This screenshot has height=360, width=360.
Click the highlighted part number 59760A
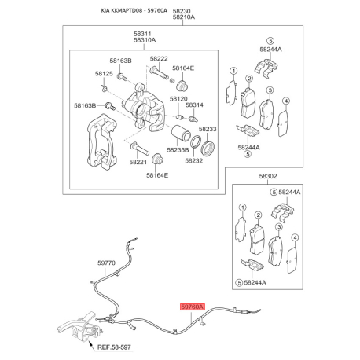point(192,307)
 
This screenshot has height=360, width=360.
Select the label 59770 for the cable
point(106,263)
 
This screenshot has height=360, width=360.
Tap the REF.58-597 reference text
point(114,347)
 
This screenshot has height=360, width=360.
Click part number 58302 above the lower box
point(268,176)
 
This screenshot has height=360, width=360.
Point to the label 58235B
point(178,150)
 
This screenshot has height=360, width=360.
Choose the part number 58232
point(194,160)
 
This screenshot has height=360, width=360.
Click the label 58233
point(208,129)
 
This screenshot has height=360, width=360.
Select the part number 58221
point(138,162)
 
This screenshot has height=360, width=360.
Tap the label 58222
point(159,59)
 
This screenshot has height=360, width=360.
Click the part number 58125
point(104,74)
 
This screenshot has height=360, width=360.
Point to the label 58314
point(194,105)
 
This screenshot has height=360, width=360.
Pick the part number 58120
point(178,99)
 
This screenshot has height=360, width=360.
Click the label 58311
point(142,34)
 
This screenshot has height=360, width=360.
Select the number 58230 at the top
point(182,11)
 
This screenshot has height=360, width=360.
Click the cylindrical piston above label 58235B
point(182,134)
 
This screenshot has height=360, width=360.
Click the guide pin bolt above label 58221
point(139,149)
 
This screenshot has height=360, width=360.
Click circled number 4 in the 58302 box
point(296,237)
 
